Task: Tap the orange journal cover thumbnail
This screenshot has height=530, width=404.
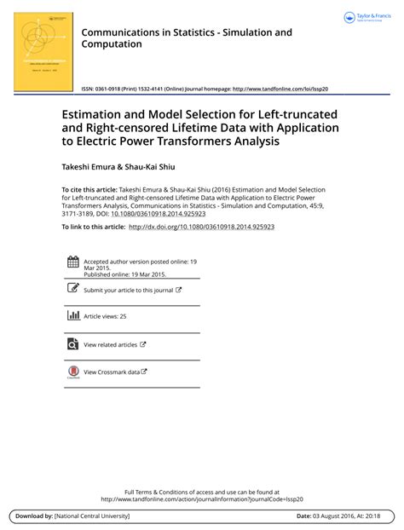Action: coord(42,47)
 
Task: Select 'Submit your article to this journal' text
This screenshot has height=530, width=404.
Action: coord(128,290)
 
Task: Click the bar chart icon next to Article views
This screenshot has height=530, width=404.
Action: coord(73,316)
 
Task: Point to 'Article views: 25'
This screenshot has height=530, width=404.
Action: coord(105,317)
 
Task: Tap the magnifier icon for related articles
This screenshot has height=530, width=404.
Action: coord(73,344)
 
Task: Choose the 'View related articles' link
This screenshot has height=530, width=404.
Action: coord(111,345)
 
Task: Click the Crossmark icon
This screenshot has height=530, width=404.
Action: coord(73,372)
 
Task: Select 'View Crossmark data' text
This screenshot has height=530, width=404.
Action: coord(112,372)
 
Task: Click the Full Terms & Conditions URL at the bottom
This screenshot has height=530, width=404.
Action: coord(201,499)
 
